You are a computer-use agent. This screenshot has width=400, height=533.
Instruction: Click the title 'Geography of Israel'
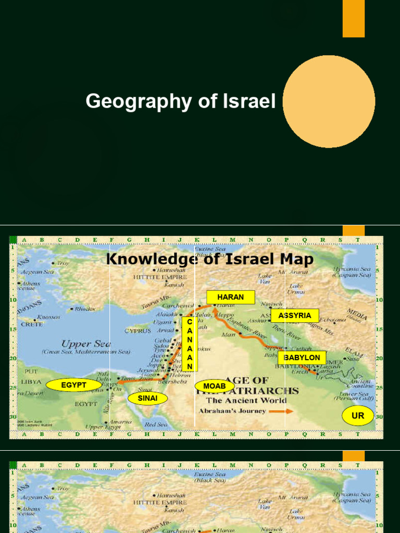pyautogui.click(x=180, y=101)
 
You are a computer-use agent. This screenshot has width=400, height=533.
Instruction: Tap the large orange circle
pyautogui.click(x=329, y=101)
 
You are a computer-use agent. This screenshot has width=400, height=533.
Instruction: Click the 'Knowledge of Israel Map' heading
pyautogui.click(x=210, y=259)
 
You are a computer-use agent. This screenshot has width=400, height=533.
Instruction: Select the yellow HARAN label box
pyautogui.click(x=230, y=297)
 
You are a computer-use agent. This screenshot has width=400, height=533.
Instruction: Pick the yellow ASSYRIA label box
pyautogui.click(x=294, y=315)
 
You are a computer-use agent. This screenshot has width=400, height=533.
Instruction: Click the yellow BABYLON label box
pyautogui.click(x=302, y=358)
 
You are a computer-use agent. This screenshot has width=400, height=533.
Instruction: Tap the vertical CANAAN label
pyautogui.click(x=190, y=344)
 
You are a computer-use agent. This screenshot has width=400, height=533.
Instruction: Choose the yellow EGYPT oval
pyautogui.click(x=73, y=385)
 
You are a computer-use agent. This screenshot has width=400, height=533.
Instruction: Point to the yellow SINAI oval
pyautogui.click(x=147, y=399)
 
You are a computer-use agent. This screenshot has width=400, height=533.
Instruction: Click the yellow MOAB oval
pyautogui.click(x=215, y=386)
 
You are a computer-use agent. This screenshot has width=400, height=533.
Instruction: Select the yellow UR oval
pyautogui.click(x=358, y=416)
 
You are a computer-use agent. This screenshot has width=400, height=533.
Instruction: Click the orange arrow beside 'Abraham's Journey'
pyautogui.click(x=283, y=411)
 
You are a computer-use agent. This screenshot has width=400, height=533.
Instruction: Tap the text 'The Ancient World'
pyautogui.click(x=246, y=400)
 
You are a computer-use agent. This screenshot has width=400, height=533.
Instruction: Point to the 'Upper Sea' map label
pyautogui.click(x=80, y=344)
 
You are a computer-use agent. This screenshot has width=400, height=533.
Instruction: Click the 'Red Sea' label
pyautogui.click(x=156, y=424)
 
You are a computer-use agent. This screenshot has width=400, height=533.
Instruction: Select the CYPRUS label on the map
pyautogui.click(x=137, y=331)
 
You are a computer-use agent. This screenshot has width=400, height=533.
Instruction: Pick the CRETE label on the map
pyautogui.click(x=32, y=324)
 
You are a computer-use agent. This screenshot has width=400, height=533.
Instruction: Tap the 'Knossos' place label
pyautogui.click(x=48, y=317)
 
